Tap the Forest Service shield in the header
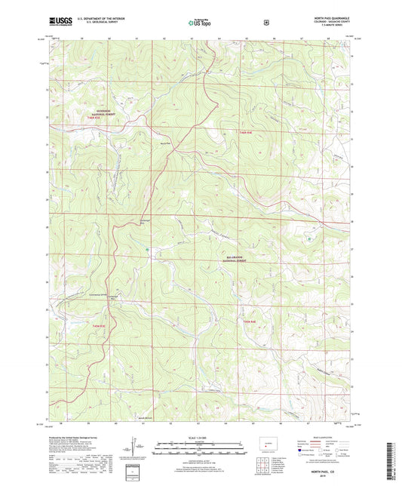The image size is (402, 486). (265, 22)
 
